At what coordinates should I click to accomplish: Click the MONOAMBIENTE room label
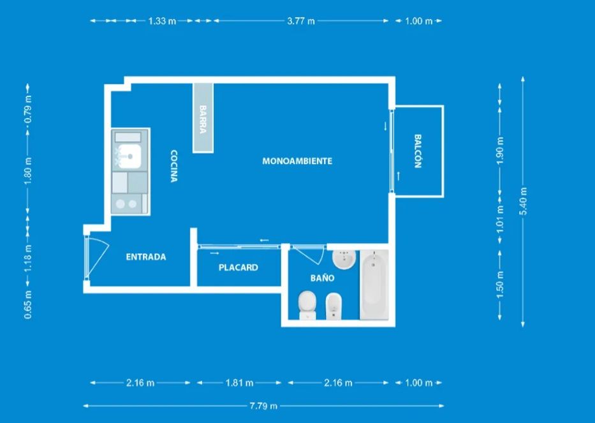click(x=297, y=161)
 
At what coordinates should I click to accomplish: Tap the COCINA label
click(x=174, y=167)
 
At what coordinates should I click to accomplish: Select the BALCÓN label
click(x=418, y=151)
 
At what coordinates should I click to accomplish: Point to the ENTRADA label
click(x=146, y=257)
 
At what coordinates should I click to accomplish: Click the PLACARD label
click(x=239, y=268)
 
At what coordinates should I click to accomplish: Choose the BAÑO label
click(x=322, y=278)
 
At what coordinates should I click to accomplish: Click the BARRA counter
click(x=203, y=118)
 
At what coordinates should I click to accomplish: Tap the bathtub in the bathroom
click(x=374, y=285)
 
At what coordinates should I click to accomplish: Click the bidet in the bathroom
click(x=334, y=307)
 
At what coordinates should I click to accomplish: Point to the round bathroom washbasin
click(x=344, y=259)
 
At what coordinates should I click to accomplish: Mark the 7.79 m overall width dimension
click(x=263, y=406)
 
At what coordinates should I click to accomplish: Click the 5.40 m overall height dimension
click(x=524, y=201)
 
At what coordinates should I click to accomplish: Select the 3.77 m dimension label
click(x=301, y=21)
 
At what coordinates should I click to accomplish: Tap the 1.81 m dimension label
click(x=239, y=383)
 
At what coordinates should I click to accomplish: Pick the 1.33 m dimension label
click(x=162, y=21)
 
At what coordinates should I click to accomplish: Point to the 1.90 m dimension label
click(x=500, y=151)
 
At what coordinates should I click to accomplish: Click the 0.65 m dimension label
click(x=28, y=304)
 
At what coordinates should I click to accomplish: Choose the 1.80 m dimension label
click(x=28, y=171)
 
